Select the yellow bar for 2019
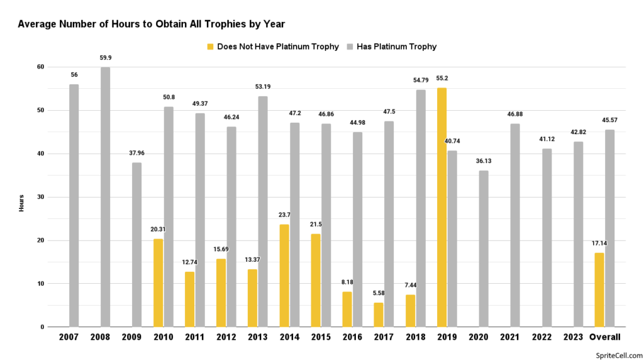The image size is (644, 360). coord(441,207)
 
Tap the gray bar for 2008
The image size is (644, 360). coord(105,197)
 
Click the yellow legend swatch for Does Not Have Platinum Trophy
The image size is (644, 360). coord(210,47)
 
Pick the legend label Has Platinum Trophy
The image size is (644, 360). coord(396,47)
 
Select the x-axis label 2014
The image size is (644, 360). coord(289,337)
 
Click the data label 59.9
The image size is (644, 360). coord(105,58)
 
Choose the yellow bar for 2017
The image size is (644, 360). coord(379,315)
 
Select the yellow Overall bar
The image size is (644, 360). coord(599,290)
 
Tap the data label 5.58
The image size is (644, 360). coord(379,294)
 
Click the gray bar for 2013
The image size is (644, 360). coord(263,211)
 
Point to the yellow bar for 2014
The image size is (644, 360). coord(284,276)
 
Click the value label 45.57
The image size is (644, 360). coord(609,121)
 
